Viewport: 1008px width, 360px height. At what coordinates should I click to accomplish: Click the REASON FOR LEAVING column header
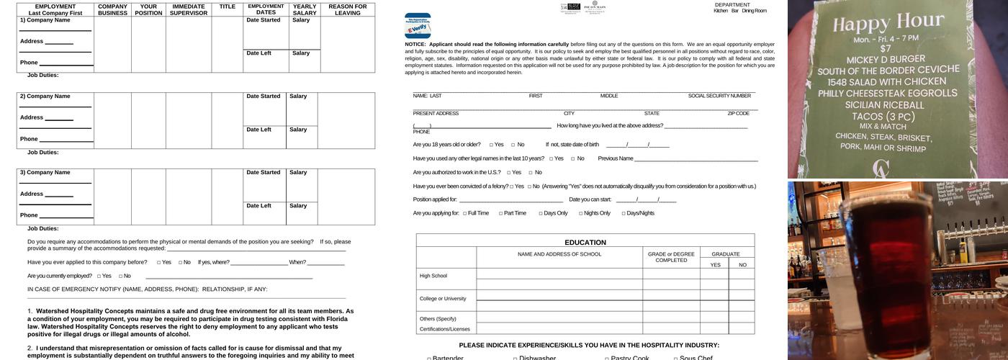[x=347, y=9]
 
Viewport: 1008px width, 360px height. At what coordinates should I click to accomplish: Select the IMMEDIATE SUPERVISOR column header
[x=188, y=9]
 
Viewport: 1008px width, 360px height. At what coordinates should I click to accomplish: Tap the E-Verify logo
[x=418, y=26]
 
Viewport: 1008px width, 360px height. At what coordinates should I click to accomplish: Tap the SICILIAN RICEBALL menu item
[x=883, y=104]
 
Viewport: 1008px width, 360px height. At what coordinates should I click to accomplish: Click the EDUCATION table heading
[x=585, y=243]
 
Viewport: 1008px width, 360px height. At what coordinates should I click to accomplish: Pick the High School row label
[x=433, y=276]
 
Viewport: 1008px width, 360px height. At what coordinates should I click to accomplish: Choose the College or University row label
[x=443, y=298]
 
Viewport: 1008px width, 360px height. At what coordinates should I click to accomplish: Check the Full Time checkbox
[x=465, y=213]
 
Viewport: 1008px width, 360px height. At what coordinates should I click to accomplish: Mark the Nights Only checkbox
[x=580, y=213]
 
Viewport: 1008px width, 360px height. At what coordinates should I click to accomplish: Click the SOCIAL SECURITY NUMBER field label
[x=719, y=96]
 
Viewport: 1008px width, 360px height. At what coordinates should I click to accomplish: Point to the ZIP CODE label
[x=738, y=113]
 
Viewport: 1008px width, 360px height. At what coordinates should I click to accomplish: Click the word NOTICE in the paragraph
[x=415, y=44]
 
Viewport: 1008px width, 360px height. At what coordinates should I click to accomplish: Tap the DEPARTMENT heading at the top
[x=732, y=4]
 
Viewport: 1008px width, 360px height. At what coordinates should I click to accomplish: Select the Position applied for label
[x=435, y=199]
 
